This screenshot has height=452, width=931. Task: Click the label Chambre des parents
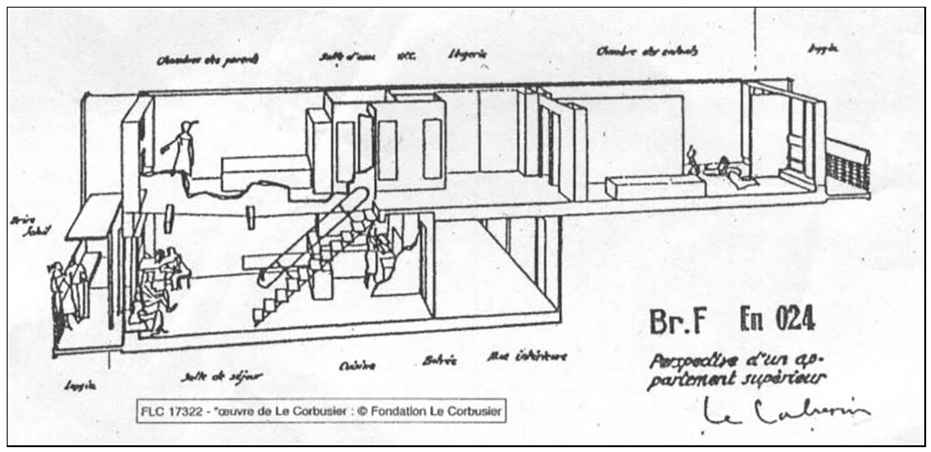point(207,60)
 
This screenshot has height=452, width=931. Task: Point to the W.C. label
point(406,56)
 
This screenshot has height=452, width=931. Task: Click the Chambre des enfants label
point(647,51)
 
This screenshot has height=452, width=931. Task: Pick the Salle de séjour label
point(222,376)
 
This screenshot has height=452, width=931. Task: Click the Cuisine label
point(357,366)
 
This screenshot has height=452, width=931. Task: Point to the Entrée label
point(439,361)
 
